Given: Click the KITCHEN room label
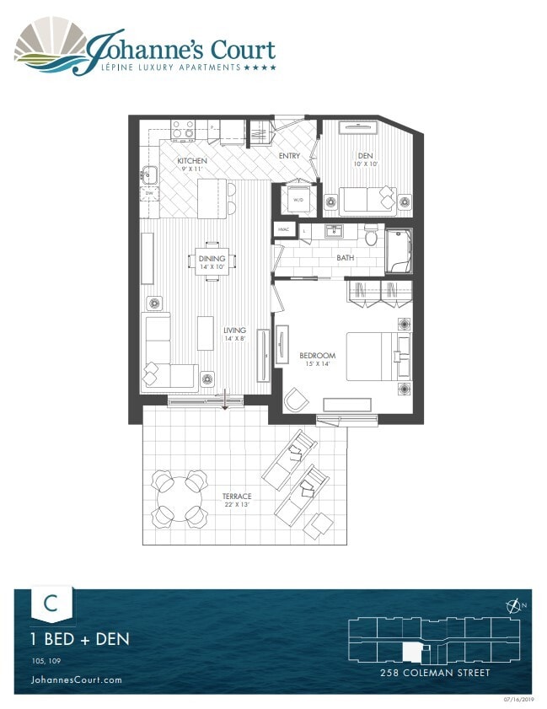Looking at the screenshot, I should pyautogui.click(x=192, y=160).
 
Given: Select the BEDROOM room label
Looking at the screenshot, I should pyautogui.click(x=318, y=356).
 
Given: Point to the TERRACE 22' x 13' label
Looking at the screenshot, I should pyautogui.click(x=236, y=497).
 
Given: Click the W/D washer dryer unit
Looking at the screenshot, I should pyautogui.click(x=298, y=199).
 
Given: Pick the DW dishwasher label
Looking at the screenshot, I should pyautogui.click(x=148, y=194).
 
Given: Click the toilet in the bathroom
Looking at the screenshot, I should pyautogui.click(x=372, y=235).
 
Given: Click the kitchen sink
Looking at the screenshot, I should pyautogui.click(x=150, y=175).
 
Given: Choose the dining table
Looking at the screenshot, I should pyautogui.click(x=210, y=261).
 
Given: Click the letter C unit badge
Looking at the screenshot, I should pyautogui.click(x=51, y=604).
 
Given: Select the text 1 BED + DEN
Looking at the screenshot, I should pyautogui.click(x=80, y=639).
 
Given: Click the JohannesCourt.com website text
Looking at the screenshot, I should pyautogui.click(x=76, y=679).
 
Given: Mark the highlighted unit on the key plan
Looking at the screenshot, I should pyautogui.click(x=412, y=652).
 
